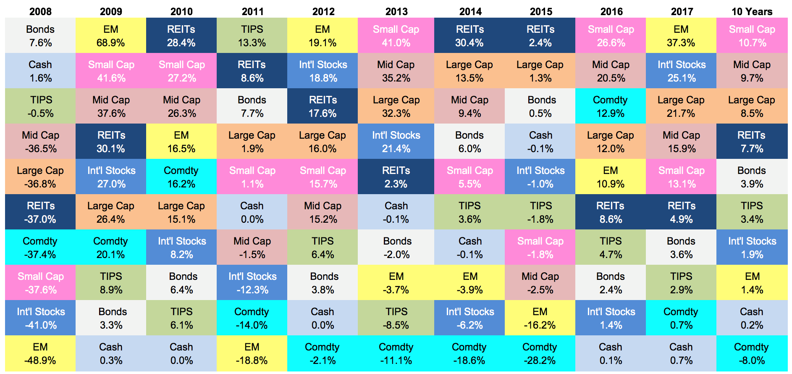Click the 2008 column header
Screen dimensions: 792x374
point(40,11)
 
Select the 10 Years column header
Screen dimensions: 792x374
point(752,11)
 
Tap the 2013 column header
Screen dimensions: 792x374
point(396,11)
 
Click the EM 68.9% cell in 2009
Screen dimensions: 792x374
point(111,35)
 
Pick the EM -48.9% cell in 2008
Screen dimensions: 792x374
point(40,353)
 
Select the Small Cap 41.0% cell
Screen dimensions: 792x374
point(396,35)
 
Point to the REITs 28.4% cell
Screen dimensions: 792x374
point(181,35)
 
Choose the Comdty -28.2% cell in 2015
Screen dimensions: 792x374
point(540,353)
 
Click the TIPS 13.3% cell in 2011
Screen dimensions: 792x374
point(252,35)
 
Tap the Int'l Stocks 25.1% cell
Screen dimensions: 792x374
point(681,71)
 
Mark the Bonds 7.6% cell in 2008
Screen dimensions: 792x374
point(40,35)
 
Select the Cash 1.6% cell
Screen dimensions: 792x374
point(40,71)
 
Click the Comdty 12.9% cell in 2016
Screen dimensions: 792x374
point(611,106)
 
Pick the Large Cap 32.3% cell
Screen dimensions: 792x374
point(396,106)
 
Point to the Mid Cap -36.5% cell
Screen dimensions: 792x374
point(40,141)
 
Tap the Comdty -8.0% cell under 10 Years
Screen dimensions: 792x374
point(752,353)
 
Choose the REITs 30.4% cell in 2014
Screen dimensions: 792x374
point(469,35)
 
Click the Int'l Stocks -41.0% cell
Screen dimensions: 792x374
point(40,318)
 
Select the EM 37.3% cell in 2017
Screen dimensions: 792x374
point(681,35)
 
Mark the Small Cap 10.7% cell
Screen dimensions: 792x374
point(752,35)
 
